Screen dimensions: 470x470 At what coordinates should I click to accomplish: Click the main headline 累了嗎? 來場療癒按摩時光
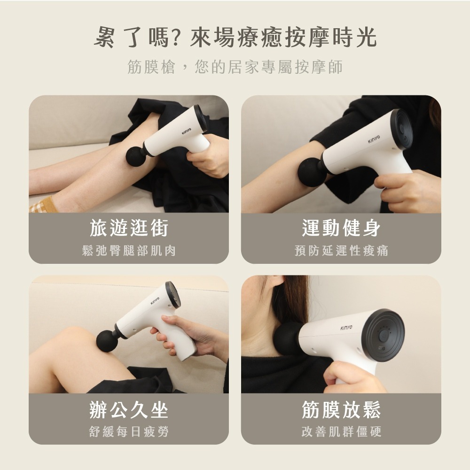point(235,37)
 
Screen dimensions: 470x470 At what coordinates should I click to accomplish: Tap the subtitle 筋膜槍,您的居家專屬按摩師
point(235,67)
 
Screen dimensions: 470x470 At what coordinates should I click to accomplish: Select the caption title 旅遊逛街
point(129,228)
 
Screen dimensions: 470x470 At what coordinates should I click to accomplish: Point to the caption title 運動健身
point(341,228)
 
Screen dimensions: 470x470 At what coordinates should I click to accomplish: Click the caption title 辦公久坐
point(129,409)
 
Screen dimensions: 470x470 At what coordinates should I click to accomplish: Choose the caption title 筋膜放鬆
point(341,409)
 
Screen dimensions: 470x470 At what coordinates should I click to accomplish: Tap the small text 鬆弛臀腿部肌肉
point(129,251)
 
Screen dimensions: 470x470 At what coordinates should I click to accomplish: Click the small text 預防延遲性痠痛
point(341,251)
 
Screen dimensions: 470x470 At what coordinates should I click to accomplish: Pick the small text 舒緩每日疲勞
point(129,431)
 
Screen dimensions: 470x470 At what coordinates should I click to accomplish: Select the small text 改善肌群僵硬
point(341,431)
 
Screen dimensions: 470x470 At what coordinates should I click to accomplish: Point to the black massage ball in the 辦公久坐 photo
point(107,341)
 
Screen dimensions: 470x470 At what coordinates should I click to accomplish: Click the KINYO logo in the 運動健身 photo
point(374,139)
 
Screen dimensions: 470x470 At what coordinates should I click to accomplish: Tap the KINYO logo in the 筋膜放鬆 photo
point(346,328)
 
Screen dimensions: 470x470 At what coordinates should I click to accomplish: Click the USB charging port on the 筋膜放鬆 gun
point(382,349)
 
